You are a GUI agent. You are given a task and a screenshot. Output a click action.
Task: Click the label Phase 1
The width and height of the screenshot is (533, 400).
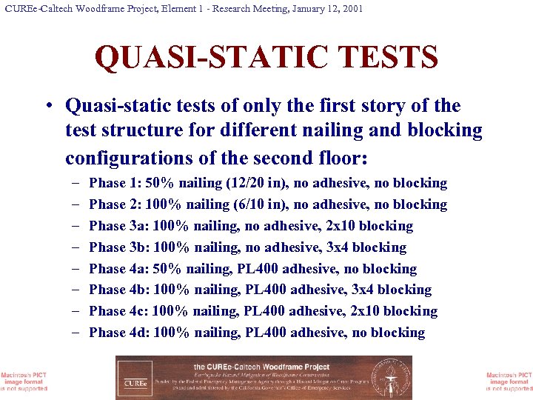click(x=115, y=183)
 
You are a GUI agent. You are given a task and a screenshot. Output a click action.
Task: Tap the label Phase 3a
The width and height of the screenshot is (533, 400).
click(x=118, y=226)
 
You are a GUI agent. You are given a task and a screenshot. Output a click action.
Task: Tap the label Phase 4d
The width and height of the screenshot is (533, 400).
click(x=118, y=333)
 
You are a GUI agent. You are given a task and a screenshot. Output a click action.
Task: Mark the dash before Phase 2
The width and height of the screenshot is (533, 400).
click(x=77, y=204)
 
